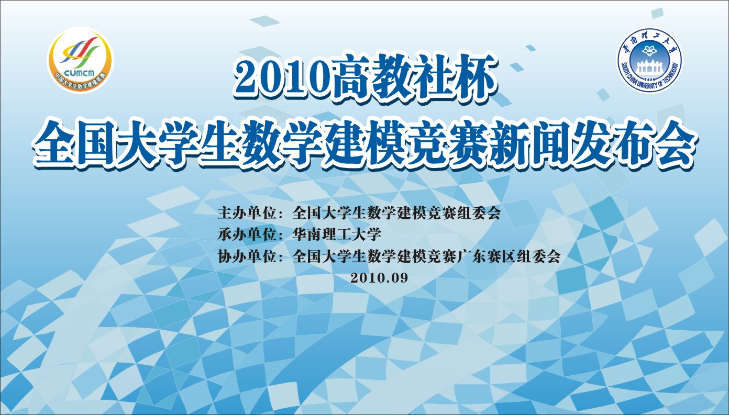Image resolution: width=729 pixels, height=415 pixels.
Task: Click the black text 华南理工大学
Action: [337, 234]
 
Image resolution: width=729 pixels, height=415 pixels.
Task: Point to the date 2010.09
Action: [379, 278]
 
